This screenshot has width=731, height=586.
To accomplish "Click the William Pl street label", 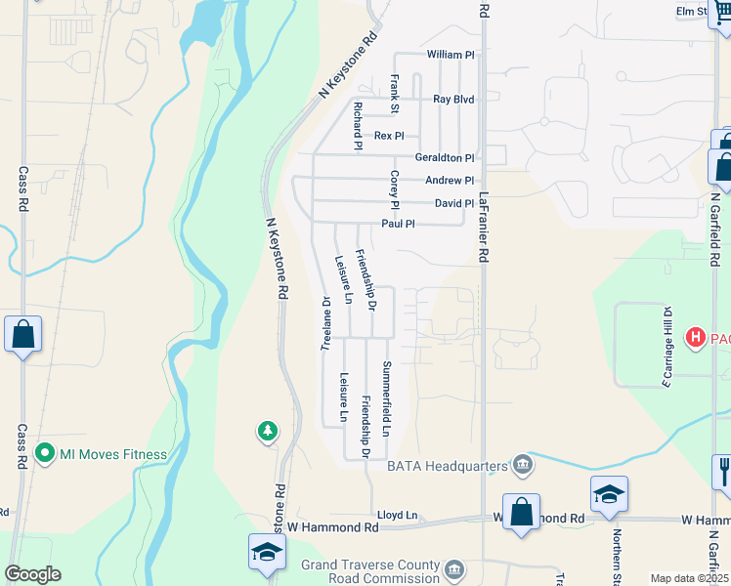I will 451,55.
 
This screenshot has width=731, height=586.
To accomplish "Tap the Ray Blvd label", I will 453,100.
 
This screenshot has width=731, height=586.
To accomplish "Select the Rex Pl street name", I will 389,136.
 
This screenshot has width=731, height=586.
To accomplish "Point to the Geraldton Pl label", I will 444,157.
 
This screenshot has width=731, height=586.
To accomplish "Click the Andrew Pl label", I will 449,181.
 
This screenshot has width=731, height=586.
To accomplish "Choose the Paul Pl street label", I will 398,224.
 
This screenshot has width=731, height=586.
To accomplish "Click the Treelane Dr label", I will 326,323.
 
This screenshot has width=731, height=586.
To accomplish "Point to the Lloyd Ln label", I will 397,515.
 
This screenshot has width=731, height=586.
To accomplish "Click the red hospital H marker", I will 696,339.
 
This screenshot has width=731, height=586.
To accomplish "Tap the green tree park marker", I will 267,431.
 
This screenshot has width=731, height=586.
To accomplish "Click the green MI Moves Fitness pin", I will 43,454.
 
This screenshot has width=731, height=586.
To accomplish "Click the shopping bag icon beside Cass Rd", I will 22,334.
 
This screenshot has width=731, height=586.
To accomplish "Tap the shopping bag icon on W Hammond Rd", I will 521,512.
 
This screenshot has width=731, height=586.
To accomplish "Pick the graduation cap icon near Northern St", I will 608,494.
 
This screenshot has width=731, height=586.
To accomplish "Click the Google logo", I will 32,574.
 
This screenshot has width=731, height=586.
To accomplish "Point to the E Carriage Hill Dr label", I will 667,347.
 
